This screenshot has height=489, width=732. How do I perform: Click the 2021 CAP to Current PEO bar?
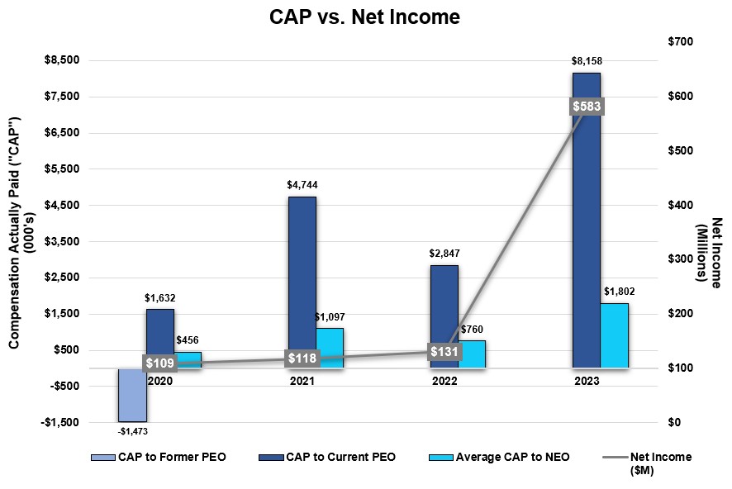coord(302,281)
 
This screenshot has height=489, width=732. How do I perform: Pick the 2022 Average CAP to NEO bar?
coord(473,354)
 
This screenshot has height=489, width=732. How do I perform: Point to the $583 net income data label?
coord(587,107)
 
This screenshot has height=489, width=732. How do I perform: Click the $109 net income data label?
coord(160,363)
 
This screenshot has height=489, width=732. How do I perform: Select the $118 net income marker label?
coord(302,358)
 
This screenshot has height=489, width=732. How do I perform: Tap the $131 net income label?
coord(444,351)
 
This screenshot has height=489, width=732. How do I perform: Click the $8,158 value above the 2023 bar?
coord(587,61)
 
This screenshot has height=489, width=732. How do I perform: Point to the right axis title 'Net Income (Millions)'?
coord(711,251)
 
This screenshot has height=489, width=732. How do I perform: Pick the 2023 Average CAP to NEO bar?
coord(615,335)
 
